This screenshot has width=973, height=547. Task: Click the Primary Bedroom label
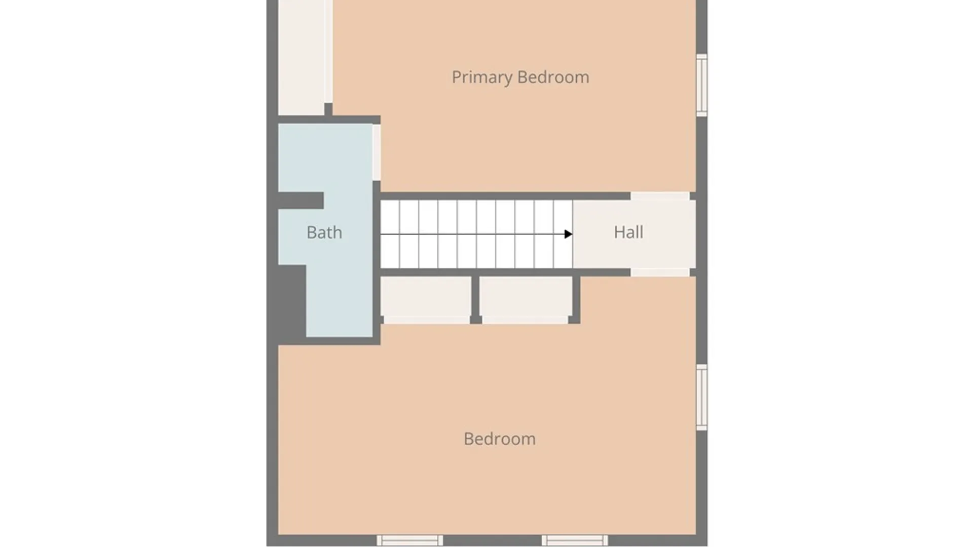(x=520, y=77)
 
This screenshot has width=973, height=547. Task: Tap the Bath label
(x=324, y=232)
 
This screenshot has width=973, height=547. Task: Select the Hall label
(x=628, y=232)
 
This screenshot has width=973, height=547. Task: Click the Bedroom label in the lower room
(x=500, y=439)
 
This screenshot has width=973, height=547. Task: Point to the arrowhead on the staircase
(x=568, y=234)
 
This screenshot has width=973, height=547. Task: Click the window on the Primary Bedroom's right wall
(x=702, y=85)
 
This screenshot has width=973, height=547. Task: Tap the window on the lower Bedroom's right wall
(x=702, y=397)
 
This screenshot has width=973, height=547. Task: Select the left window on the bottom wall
(x=409, y=540)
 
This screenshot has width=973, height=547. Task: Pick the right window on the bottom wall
(x=575, y=540)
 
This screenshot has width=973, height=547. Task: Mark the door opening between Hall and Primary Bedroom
(x=660, y=196)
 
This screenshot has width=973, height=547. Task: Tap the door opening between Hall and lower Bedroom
(x=660, y=272)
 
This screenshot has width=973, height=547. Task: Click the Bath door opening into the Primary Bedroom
(x=377, y=152)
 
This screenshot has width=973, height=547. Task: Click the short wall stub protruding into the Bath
(x=301, y=201)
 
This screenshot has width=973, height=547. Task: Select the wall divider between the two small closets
(x=475, y=299)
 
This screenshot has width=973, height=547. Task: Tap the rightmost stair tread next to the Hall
(x=563, y=234)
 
